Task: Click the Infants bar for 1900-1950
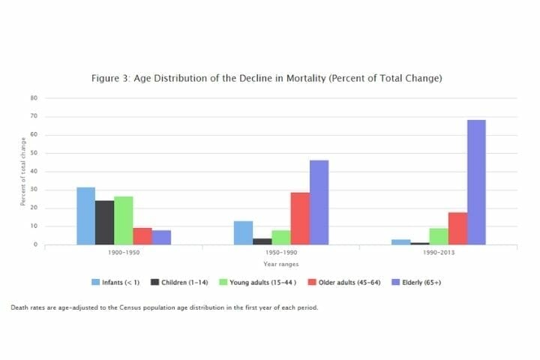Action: pyautogui.click(x=85, y=216)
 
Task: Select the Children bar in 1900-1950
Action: pyautogui.click(x=104, y=223)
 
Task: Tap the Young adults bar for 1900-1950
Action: pyautogui.click(x=124, y=220)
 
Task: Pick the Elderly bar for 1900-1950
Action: pyautogui.click(x=162, y=237)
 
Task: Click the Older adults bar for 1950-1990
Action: pyautogui.click(x=300, y=218)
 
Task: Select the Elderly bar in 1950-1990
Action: pyautogui.click(x=319, y=202)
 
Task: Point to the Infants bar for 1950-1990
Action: pyautogui.click(x=242, y=232)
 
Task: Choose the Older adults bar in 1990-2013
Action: pyautogui.click(x=457, y=228)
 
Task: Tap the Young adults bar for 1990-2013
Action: pyautogui.click(x=439, y=236)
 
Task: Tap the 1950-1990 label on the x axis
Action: pyautogui.click(x=280, y=253)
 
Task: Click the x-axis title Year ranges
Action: pyautogui.click(x=280, y=264)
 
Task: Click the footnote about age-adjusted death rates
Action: pyautogui.click(x=164, y=307)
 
